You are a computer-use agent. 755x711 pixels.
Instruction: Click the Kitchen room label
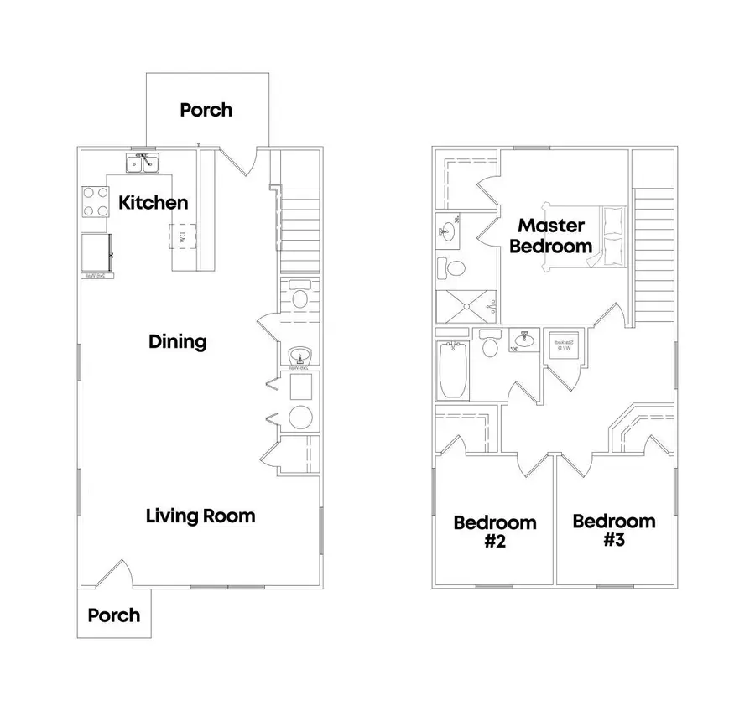153,202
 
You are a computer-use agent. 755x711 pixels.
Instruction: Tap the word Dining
177,341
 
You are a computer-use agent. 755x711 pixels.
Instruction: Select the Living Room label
200,515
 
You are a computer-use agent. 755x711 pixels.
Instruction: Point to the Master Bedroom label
550,236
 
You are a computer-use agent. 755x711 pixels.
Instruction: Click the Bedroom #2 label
494,532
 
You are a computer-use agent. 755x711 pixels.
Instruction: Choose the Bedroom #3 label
613,530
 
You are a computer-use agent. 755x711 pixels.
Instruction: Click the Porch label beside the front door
114,615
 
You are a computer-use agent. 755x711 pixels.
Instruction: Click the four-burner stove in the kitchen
95,201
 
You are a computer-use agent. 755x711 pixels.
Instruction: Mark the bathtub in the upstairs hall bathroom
451,370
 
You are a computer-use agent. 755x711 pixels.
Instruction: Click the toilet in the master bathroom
456,269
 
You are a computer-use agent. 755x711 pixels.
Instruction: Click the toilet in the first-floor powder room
299,299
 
